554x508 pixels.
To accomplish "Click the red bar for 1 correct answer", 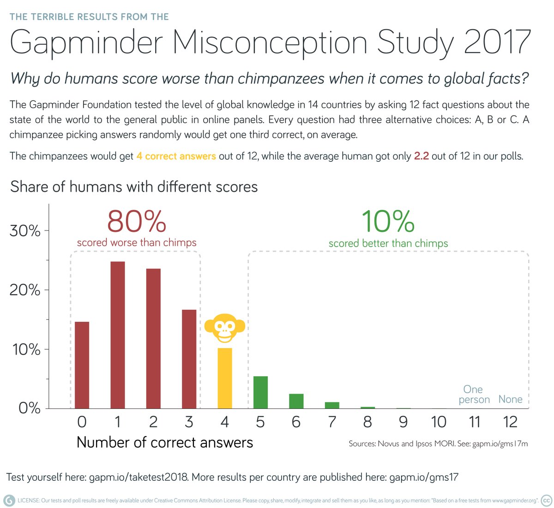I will pyautogui.click(x=118, y=335).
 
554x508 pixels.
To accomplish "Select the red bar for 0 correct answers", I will pyautogui.click(x=82, y=365).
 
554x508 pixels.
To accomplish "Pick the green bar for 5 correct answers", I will pyautogui.click(x=260, y=392).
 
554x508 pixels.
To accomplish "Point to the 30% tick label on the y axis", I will pyautogui.click(x=25, y=231).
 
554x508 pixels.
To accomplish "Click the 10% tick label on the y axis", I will pyautogui.click(x=25, y=349).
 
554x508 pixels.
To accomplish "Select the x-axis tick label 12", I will pyautogui.click(x=510, y=422).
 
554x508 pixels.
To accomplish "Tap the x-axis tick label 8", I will pyautogui.click(x=367, y=422).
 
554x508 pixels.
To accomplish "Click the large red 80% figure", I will pyautogui.click(x=137, y=222).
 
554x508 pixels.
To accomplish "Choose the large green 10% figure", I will pyautogui.click(x=388, y=222).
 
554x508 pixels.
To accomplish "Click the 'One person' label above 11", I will pyautogui.click(x=474, y=395).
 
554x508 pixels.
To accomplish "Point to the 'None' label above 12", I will pyautogui.click(x=510, y=399).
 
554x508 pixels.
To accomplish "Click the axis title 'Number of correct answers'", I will pyautogui.click(x=165, y=442).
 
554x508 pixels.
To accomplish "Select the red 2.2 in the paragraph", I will pyautogui.click(x=421, y=156).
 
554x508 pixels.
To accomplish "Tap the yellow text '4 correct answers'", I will pyautogui.click(x=176, y=156).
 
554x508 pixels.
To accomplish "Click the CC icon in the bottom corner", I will pyautogui.click(x=546, y=501).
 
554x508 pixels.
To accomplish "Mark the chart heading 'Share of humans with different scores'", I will pyautogui.click(x=134, y=187).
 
